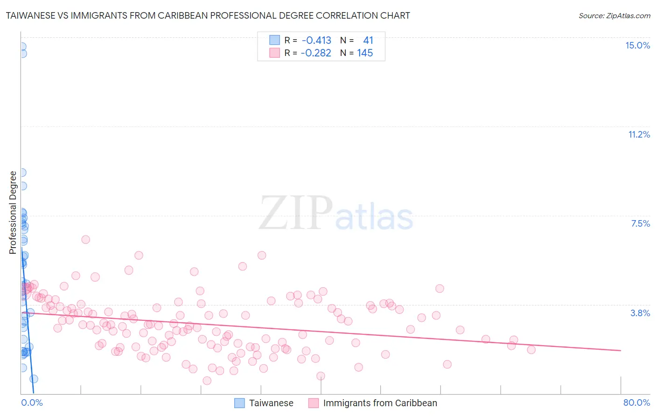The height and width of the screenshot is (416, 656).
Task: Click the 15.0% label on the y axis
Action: pos(637,45)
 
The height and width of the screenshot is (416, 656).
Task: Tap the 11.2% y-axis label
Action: pos(639,134)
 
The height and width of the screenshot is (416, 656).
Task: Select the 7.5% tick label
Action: pos(640,223)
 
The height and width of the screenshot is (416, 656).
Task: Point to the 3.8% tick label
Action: pos(640,313)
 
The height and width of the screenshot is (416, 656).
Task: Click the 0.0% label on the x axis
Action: pos(32,402)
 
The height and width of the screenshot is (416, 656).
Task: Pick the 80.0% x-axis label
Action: pos(636,402)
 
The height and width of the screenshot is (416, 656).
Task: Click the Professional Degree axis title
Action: pos(13,212)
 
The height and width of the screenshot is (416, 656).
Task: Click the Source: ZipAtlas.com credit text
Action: pos(614,15)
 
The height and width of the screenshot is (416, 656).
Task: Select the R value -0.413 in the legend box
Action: pos(316,41)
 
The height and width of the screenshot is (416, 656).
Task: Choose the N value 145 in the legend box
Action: pos(365,53)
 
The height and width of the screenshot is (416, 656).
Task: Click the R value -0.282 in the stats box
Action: pos(316,53)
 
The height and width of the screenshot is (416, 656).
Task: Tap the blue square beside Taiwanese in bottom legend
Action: pos(239,403)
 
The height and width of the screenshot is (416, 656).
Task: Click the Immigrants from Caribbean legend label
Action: pos(380,403)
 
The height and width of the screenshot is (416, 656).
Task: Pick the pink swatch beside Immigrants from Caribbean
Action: pos(314,403)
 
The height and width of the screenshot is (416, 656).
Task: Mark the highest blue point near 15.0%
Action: pos(21,47)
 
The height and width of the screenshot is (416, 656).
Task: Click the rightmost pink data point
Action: pos(531,350)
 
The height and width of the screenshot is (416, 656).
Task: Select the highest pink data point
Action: pos(85,240)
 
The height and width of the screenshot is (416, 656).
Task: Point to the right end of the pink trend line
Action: pos(621,350)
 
